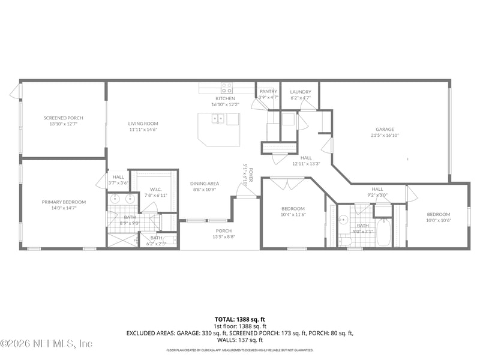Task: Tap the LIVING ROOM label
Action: (143, 124)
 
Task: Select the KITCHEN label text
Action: (225, 98)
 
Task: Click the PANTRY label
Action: (268, 91)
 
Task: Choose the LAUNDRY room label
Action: (301, 91)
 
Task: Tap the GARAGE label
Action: (385, 129)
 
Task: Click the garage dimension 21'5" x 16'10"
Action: (385, 136)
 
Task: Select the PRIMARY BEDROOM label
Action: (64, 202)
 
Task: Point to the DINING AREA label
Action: (205, 184)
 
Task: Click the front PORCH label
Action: (224, 231)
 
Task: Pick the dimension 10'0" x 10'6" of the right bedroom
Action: (439, 220)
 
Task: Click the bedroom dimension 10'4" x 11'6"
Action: (293, 215)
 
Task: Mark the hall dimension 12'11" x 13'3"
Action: (306, 163)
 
